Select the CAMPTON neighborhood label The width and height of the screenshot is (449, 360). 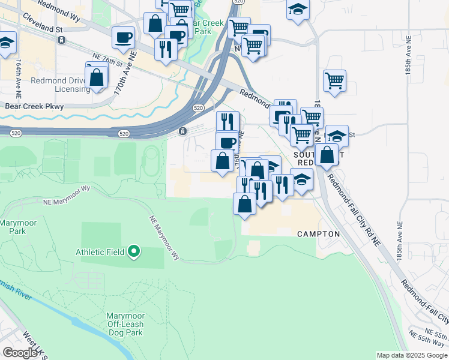(319, 234)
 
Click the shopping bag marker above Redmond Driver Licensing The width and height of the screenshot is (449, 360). (96, 77)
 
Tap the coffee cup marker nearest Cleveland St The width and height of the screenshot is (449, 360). (123, 37)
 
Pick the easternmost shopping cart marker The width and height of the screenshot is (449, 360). (334, 80)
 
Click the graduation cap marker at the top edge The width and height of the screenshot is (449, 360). (298, 10)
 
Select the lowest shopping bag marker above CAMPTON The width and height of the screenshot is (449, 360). (245, 203)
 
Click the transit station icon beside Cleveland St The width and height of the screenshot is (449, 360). (61, 40)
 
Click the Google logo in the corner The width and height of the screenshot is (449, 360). (20, 352)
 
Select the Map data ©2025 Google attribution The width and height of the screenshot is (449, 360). (412, 355)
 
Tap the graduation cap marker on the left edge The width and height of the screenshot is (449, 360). (6, 43)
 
